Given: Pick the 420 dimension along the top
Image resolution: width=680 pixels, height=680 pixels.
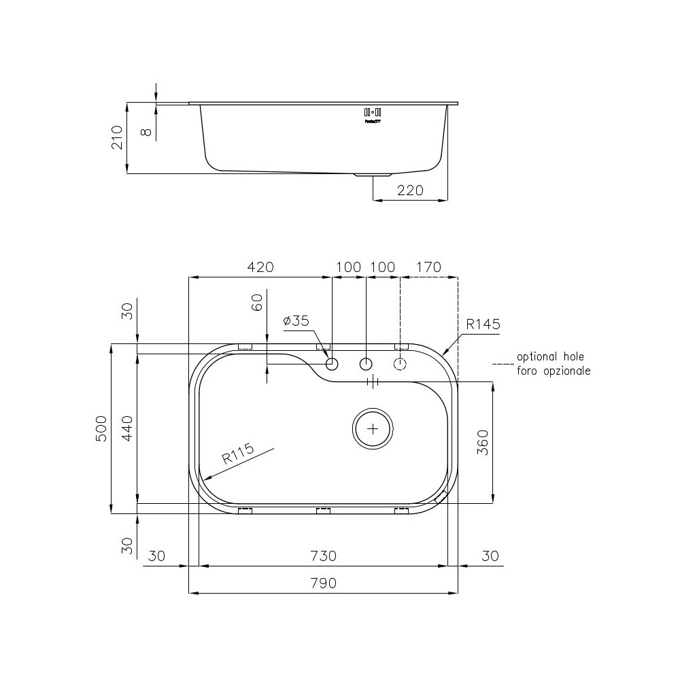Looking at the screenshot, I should point(260,267).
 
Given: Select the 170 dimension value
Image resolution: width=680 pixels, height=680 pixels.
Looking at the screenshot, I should point(428,267).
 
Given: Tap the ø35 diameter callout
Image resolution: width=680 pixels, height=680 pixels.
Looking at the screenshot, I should point(296,321).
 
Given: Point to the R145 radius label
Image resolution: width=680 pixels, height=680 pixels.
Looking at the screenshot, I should point(483,324).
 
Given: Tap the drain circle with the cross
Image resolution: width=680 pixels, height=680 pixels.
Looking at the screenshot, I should point(373,429).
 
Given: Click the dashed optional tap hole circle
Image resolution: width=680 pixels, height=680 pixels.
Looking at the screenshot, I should point(401,364).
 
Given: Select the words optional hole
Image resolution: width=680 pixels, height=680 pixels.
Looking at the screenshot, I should point(550,356).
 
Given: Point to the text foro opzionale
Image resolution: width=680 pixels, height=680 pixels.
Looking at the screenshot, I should point(554,371).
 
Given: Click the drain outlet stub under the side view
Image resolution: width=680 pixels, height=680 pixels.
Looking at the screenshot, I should point(373,175).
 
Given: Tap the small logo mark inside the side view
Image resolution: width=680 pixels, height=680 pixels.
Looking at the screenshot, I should point(373,114).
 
